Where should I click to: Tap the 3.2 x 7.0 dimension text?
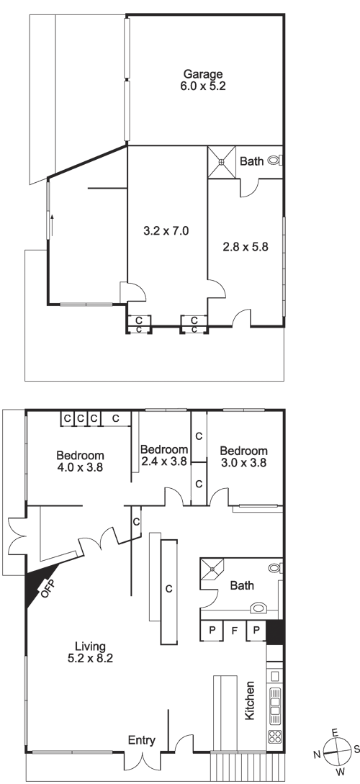[x=166, y=231]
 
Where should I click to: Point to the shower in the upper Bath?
[x=222, y=162]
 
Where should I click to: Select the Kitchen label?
[x=250, y=700]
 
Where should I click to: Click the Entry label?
[x=142, y=741]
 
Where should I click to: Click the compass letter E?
[x=335, y=732]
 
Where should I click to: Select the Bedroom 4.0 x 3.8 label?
[x=80, y=461]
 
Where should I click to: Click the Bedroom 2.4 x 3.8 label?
[x=164, y=455]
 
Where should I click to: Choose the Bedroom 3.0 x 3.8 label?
[x=243, y=457]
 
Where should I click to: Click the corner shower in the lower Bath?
[x=212, y=569]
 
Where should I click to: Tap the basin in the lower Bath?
[x=258, y=608]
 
